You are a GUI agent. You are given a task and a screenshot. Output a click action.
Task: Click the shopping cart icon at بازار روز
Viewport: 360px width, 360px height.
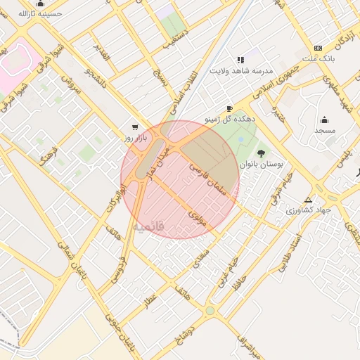click(x=134, y=127)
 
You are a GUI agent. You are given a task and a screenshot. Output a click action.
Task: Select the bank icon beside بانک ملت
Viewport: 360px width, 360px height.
click(x=319, y=48)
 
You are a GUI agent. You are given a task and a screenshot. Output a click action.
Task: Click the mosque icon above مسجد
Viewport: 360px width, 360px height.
click(x=324, y=120)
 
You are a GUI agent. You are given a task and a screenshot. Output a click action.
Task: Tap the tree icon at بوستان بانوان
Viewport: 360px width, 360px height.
click(x=262, y=152)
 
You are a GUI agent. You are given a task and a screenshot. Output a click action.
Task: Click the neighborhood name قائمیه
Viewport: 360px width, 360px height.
click(x=148, y=226)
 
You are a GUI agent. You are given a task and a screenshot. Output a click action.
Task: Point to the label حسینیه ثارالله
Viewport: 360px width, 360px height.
click(x=39, y=13)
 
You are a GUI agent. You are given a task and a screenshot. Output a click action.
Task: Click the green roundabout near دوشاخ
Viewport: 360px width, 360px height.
click(x=209, y=310)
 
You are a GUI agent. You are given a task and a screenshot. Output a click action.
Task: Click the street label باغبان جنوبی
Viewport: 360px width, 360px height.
click(x=112, y=326)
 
